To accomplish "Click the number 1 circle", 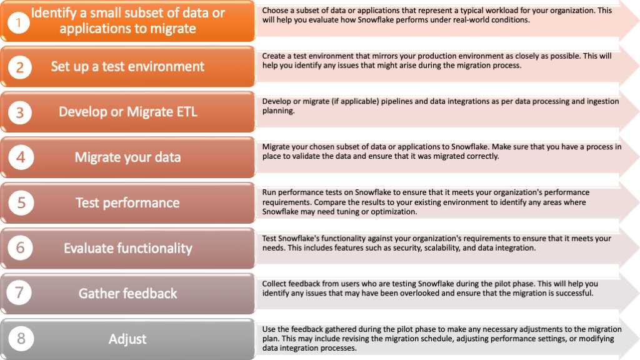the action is point(18,22).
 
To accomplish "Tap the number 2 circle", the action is point(19,67).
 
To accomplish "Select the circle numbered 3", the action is point(19,112).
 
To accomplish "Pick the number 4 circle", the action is point(21,157).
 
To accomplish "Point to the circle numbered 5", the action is point(21,203).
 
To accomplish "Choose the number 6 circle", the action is point(20,247).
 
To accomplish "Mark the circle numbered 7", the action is point(19,292).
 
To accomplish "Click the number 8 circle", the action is point(21,338).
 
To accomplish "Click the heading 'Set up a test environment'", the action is point(127,66).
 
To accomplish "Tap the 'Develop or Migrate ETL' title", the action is point(127,112).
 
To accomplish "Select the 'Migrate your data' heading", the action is point(127,157).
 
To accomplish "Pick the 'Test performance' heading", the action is point(127,202).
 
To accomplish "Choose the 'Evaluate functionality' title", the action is point(127,248).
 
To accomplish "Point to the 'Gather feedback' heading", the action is point(127,294).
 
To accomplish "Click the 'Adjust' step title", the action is point(127,339).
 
